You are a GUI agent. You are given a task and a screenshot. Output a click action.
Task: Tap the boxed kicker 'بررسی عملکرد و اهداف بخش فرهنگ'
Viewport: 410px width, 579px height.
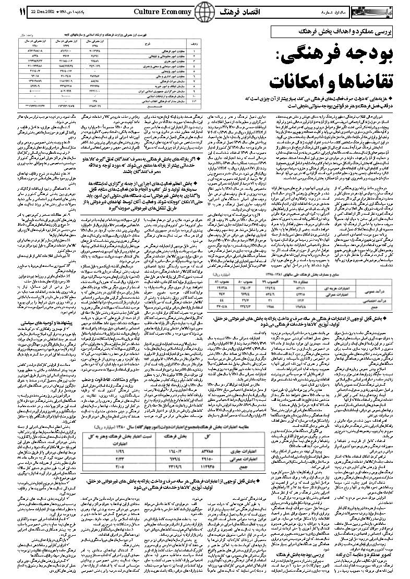coord(338,31)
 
